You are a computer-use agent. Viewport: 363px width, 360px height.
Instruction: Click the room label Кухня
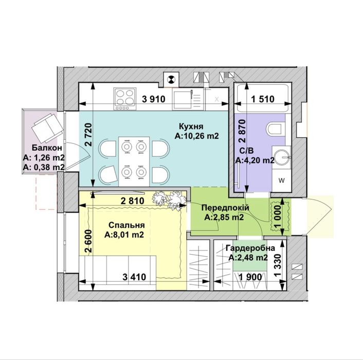(x=191, y=127)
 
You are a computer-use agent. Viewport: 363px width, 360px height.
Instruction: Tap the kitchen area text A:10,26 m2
(x=196, y=136)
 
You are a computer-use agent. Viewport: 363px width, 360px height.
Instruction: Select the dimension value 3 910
(x=154, y=99)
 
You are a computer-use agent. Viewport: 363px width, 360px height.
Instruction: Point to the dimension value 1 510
(x=263, y=99)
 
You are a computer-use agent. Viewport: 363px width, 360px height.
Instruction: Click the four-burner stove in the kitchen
(x=124, y=99)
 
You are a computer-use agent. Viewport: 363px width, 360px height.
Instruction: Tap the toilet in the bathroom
(x=275, y=129)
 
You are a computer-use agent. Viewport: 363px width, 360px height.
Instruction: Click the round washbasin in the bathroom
(x=282, y=157)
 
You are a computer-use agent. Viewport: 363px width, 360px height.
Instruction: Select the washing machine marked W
(x=281, y=181)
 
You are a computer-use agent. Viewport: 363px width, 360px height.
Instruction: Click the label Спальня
(x=126, y=225)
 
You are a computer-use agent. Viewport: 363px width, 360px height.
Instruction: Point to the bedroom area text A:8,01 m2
(x=124, y=235)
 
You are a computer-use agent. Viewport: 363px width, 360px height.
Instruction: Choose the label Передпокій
(x=225, y=207)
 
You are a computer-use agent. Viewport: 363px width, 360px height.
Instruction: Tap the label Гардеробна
(x=250, y=248)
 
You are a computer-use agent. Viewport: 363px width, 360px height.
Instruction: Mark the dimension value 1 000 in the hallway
(x=278, y=217)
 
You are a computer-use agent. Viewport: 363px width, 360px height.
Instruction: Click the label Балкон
(x=47, y=148)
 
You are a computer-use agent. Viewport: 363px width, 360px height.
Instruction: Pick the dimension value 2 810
(x=133, y=201)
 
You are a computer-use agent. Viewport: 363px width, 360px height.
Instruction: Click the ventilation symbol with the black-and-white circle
(x=171, y=80)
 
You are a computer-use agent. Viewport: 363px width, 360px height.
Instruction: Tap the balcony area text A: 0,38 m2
(x=44, y=167)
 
